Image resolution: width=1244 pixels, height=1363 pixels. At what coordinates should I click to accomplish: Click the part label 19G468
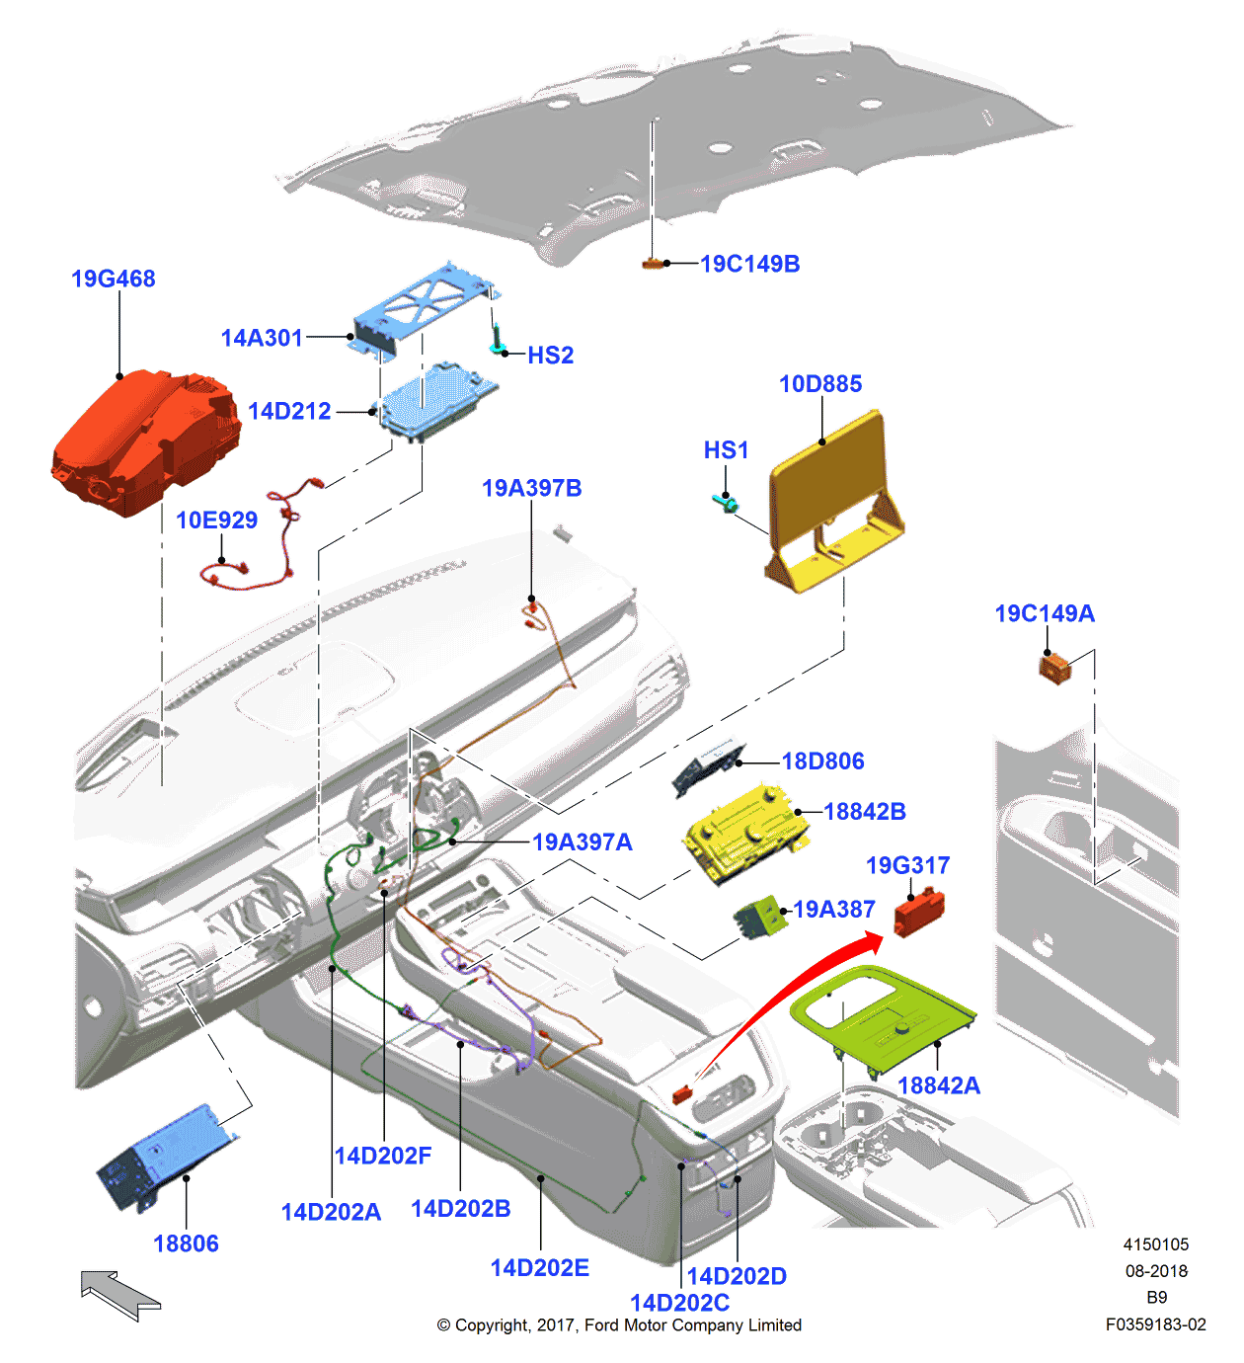click(113, 279)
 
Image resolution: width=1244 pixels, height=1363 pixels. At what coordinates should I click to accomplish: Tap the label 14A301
click(262, 338)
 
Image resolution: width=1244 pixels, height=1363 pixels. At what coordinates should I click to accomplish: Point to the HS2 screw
click(498, 341)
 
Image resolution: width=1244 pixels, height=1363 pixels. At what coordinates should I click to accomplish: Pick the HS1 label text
click(726, 450)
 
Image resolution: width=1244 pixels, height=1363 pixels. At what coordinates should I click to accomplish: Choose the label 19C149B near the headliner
click(749, 264)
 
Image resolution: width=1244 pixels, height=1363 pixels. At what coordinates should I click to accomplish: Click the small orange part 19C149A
click(1054, 668)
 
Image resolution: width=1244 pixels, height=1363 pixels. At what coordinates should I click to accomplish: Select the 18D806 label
click(822, 762)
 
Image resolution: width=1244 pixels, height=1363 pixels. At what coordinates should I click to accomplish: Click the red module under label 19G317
click(919, 912)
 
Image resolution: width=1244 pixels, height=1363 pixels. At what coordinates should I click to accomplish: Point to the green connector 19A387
click(758, 918)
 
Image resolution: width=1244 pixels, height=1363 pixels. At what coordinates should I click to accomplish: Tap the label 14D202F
click(383, 1156)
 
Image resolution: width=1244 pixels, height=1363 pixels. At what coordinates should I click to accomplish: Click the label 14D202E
click(539, 1268)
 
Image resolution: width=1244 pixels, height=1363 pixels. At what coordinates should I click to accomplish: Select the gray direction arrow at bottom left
click(119, 1295)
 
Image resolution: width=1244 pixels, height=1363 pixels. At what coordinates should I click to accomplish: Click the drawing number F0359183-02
click(1155, 1324)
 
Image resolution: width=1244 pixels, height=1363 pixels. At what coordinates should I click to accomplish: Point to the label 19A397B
click(531, 488)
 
